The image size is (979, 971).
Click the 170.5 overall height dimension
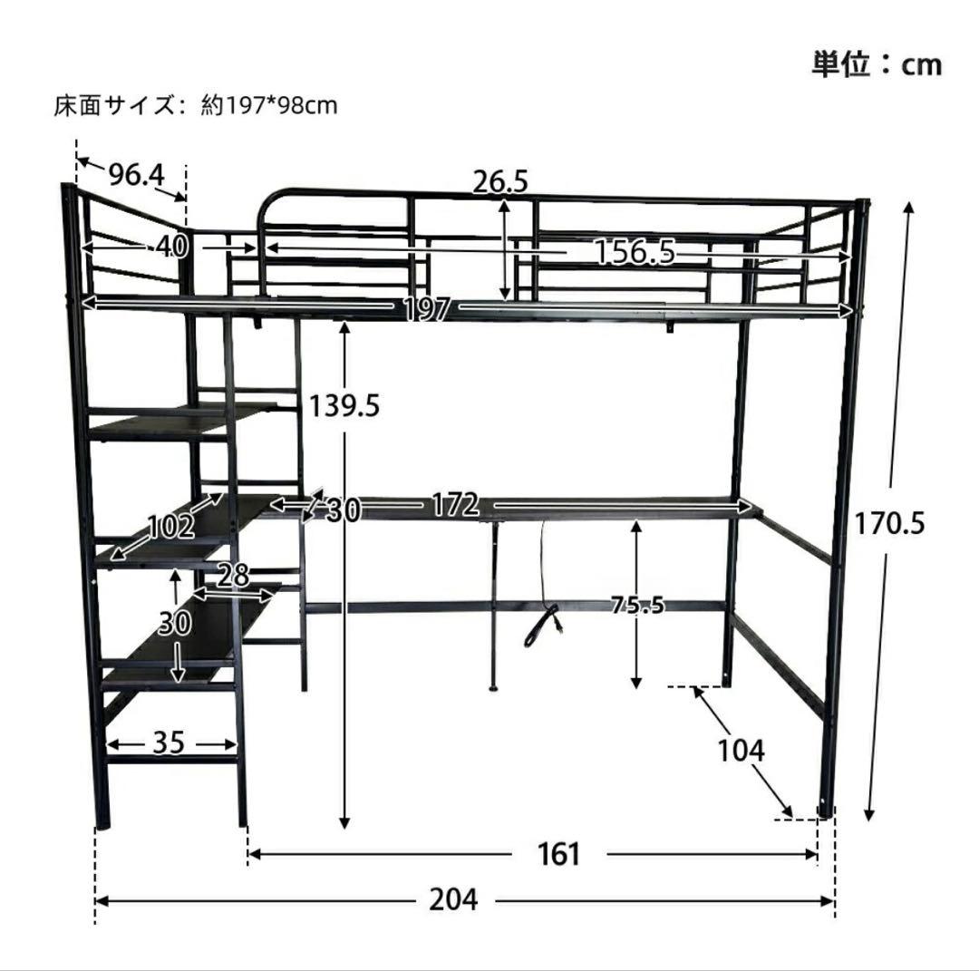(x=888, y=523)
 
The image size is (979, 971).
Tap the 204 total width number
(x=454, y=899)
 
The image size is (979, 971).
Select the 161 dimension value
(x=558, y=854)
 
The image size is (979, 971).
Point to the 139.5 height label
(x=344, y=406)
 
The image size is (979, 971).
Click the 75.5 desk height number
(x=637, y=605)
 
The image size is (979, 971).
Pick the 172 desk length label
(x=456, y=505)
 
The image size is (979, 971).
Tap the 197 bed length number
(x=427, y=308)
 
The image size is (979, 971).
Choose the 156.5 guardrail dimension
(x=635, y=252)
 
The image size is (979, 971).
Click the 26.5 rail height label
(x=500, y=181)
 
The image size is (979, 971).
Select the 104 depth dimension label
(x=741, y=750)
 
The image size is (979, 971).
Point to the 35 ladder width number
(x=169, y=743)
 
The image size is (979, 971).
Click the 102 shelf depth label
(x=171, y=527)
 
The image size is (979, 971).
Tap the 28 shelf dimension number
(x=234, y=575)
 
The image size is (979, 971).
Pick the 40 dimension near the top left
(x=171, y=248)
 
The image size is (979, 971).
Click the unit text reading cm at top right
(x=921, y=65)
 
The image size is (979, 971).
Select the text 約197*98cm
(x=270, y=105)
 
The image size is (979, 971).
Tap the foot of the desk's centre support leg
(x=493, y=689)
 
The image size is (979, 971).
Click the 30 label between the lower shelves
(x=174, y=623)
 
